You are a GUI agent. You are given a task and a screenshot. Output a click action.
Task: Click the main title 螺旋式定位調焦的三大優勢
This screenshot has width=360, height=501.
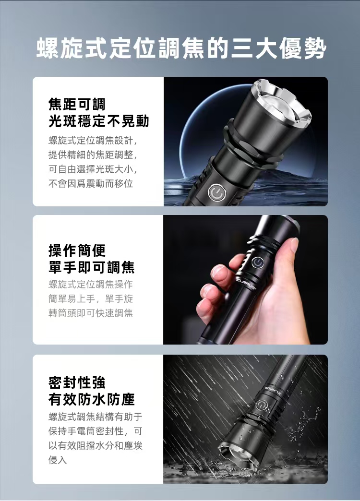(181, 49)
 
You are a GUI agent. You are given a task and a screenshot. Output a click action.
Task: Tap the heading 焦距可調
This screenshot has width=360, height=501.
(77, 104)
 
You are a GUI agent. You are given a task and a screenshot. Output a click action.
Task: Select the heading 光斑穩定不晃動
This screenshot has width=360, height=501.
(99, 121)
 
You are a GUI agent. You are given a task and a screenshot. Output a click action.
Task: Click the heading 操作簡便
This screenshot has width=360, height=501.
(77, 250)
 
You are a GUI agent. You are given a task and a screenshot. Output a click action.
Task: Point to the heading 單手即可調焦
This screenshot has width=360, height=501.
(91, 267)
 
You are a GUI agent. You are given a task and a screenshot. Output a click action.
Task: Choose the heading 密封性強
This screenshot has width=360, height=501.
(77, 382)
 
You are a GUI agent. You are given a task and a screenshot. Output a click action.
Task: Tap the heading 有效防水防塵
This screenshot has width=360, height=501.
(91, 399)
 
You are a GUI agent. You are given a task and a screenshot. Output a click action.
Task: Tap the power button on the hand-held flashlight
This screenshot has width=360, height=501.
(257, 262)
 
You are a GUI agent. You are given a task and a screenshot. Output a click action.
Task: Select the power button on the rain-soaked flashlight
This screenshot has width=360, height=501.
(261, 405)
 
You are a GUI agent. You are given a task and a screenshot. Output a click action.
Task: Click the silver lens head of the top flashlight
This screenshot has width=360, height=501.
(281, 106)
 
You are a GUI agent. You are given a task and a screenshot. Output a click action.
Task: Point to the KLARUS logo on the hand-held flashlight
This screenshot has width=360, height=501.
(247, 284)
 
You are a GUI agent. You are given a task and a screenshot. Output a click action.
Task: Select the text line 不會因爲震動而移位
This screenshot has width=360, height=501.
(90, 183)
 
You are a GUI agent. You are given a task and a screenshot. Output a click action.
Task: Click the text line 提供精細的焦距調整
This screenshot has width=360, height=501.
(93, 155)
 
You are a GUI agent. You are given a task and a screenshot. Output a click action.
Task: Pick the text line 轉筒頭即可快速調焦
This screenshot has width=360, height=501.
(90, 313)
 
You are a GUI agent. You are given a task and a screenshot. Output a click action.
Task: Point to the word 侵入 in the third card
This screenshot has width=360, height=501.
(58, 460)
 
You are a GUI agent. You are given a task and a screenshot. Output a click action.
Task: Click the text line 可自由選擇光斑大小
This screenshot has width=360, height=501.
(93, 169)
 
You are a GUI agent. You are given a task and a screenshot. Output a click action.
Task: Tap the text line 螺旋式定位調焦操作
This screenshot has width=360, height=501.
(90, 285)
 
